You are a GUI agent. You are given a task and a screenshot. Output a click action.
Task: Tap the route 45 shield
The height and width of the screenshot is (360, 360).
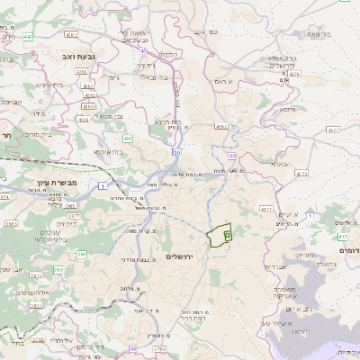click(144, 52)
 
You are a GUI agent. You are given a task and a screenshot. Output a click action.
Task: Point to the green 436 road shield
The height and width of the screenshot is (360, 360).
click(128, 139)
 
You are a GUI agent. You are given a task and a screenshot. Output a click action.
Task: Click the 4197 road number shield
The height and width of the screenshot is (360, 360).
click(220, 128)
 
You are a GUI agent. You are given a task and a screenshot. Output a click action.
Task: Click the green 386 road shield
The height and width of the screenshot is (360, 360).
click(82, 254)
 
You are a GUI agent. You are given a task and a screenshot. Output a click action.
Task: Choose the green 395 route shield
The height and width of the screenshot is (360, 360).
click(58, 269)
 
